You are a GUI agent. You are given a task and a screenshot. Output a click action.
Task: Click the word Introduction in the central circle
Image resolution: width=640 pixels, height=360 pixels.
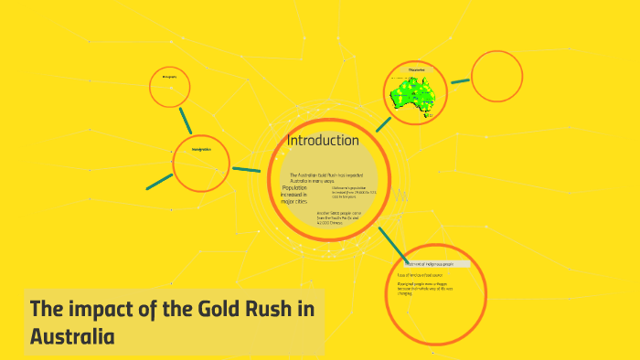tap(323, 141)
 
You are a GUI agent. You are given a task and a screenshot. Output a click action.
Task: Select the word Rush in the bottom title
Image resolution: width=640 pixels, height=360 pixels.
tap(261, 309)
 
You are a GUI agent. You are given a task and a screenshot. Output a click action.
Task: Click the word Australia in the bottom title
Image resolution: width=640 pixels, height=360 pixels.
tap(72, 335)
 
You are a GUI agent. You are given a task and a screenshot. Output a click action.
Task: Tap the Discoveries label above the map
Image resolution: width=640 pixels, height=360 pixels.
tap(416, 69)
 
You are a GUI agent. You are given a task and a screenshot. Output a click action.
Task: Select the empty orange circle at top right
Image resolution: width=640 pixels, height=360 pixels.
tap(496, 76)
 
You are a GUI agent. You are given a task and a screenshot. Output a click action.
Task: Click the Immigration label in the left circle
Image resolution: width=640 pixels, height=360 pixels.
tap(201, 149)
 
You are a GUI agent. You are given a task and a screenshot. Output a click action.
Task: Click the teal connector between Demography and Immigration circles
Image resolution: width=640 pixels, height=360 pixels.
tap(186, 120)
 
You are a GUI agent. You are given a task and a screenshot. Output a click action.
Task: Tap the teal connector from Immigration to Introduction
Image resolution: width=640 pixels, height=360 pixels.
tap(247, 169)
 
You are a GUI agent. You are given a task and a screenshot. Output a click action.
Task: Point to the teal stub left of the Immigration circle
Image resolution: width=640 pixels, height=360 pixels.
tap(159, 180)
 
